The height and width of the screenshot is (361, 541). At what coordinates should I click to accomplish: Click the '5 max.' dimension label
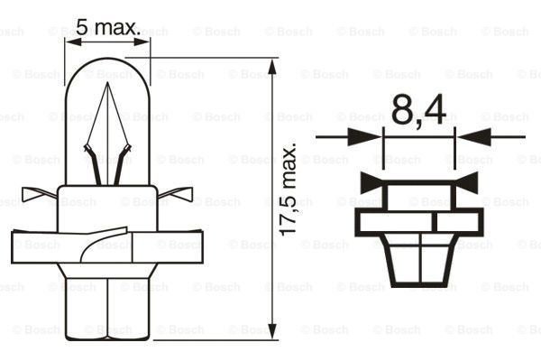(107, 29)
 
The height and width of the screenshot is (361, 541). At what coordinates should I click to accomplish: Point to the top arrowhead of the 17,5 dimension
(272, 61)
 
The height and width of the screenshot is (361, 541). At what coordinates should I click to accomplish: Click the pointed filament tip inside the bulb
(107, 87)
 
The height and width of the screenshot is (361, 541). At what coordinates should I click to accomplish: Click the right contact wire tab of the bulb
(179, 192)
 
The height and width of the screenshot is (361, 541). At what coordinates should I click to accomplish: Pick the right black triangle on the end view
(466, 182)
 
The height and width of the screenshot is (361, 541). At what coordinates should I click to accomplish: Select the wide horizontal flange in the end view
(419, 221)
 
